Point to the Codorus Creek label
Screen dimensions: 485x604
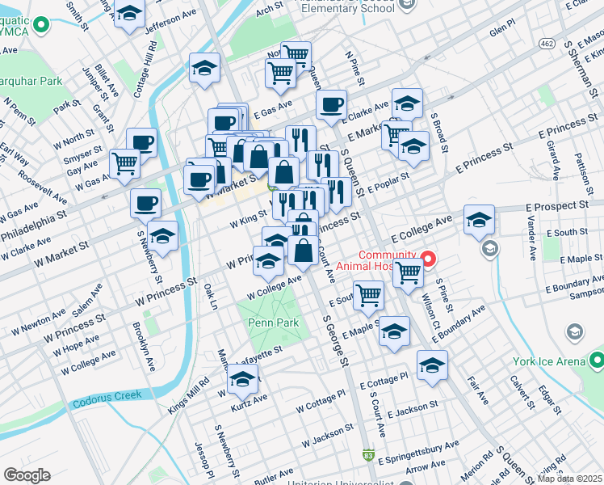(x=106, y=396)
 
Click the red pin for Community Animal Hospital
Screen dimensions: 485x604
(x=429, y=259)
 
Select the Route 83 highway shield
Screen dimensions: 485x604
(x=369, y=456)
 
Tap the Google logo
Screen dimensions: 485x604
(x=27, y=475)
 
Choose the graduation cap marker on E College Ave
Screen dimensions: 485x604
(x=479, y=219)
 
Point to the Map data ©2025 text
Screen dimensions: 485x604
(x=569, y=479)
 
